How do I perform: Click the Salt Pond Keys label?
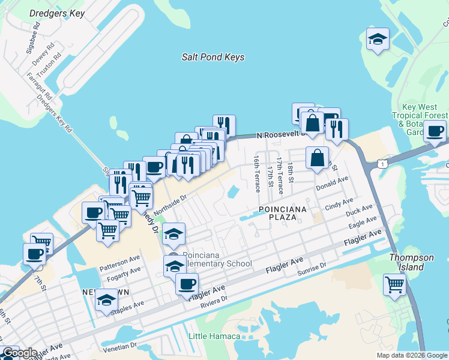213,57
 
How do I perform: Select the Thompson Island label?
411,262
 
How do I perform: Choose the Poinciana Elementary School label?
217,259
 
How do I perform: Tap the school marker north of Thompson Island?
378,40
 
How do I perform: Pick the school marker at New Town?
106,299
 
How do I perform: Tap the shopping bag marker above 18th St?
318,158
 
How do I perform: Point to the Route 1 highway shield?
381,163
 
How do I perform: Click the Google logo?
20,353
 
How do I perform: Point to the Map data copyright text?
411,355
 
